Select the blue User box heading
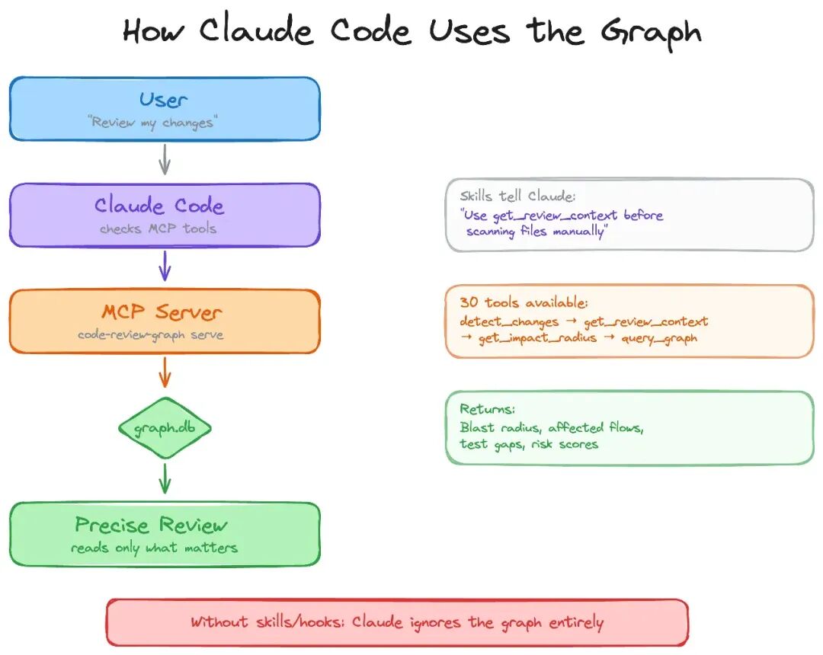[x=163, y=100]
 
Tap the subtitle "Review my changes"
[x=152, y=123]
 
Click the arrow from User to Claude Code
[x=165, y=159]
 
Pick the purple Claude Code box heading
[x=159, y=205]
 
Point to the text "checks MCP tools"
[x=158, y=228]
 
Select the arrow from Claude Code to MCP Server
[x=165, y=265]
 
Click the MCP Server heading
[x=162, y=312]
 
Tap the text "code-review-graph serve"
[x=151, y=335]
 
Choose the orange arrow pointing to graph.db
[x=165, y=372]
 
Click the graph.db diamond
[x=165, y=429]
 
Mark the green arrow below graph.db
[x=165, y=478]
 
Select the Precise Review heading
[x=151, y=525]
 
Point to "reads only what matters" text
[x=154, y=548]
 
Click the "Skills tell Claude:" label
[x=517, y=196]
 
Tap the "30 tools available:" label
[x=524, y=302]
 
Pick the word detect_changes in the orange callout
[x=509, y=321]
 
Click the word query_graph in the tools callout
[x=659, y=338]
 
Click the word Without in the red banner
[x=219, y=622]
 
